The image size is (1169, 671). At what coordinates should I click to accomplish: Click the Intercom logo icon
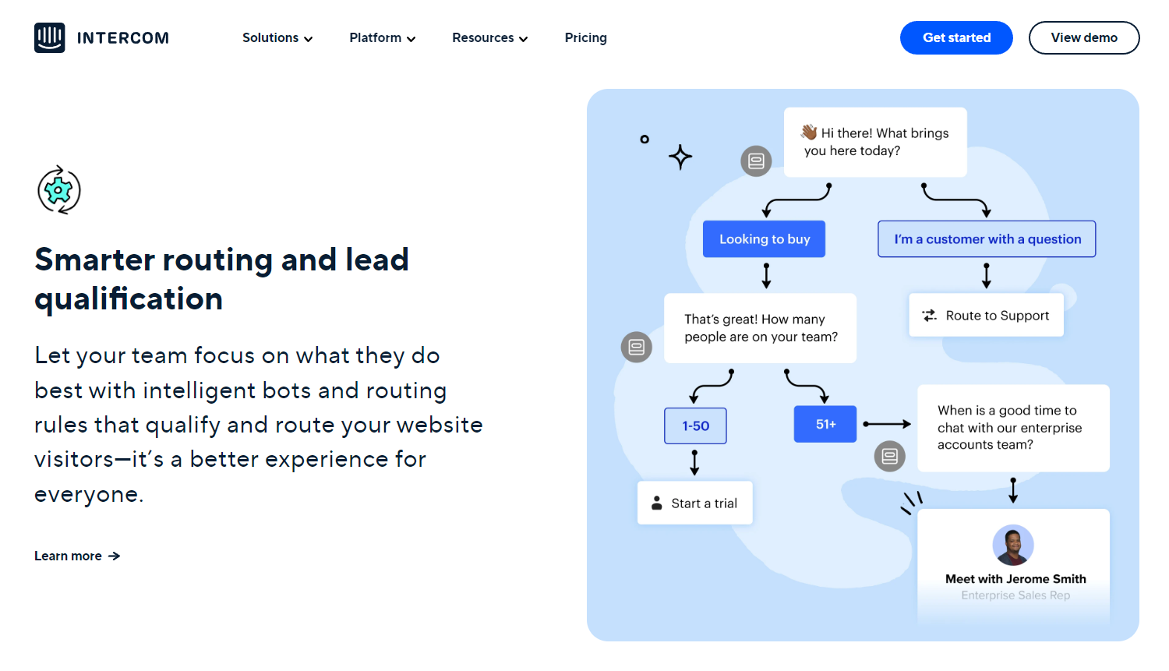(x=49, y=37)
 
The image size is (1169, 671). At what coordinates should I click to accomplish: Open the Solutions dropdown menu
(x=277, y=37)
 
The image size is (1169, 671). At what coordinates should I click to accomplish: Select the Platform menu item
(x=382, y=37)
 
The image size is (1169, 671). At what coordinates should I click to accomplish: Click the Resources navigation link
(x=489, y=37)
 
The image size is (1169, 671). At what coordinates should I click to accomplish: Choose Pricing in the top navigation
(x=585, y=37)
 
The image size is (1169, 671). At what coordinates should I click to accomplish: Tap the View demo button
(x=1083, y=37)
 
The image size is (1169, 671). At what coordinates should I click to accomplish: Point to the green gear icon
(x=59, y=189)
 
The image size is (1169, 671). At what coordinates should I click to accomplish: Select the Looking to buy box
(x=764, y=239)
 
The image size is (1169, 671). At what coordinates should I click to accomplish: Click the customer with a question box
(x=987, y=239)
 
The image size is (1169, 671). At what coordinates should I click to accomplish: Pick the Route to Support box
(x=986, y=316)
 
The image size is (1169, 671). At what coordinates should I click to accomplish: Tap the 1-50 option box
(x=695, y=426)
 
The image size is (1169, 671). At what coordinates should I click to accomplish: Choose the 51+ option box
(x=825, y=424)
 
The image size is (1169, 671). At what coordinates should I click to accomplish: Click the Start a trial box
(x=695, y=503)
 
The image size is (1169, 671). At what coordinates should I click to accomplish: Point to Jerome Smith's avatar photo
(x=1012, y=545)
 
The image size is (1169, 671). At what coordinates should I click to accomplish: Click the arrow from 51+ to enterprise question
(x=887, y=424)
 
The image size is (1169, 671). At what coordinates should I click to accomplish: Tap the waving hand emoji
(x=809, y=132)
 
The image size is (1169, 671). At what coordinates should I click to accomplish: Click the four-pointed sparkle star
(x=680, y=157)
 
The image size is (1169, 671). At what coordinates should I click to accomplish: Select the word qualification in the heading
(x=129, y=299)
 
